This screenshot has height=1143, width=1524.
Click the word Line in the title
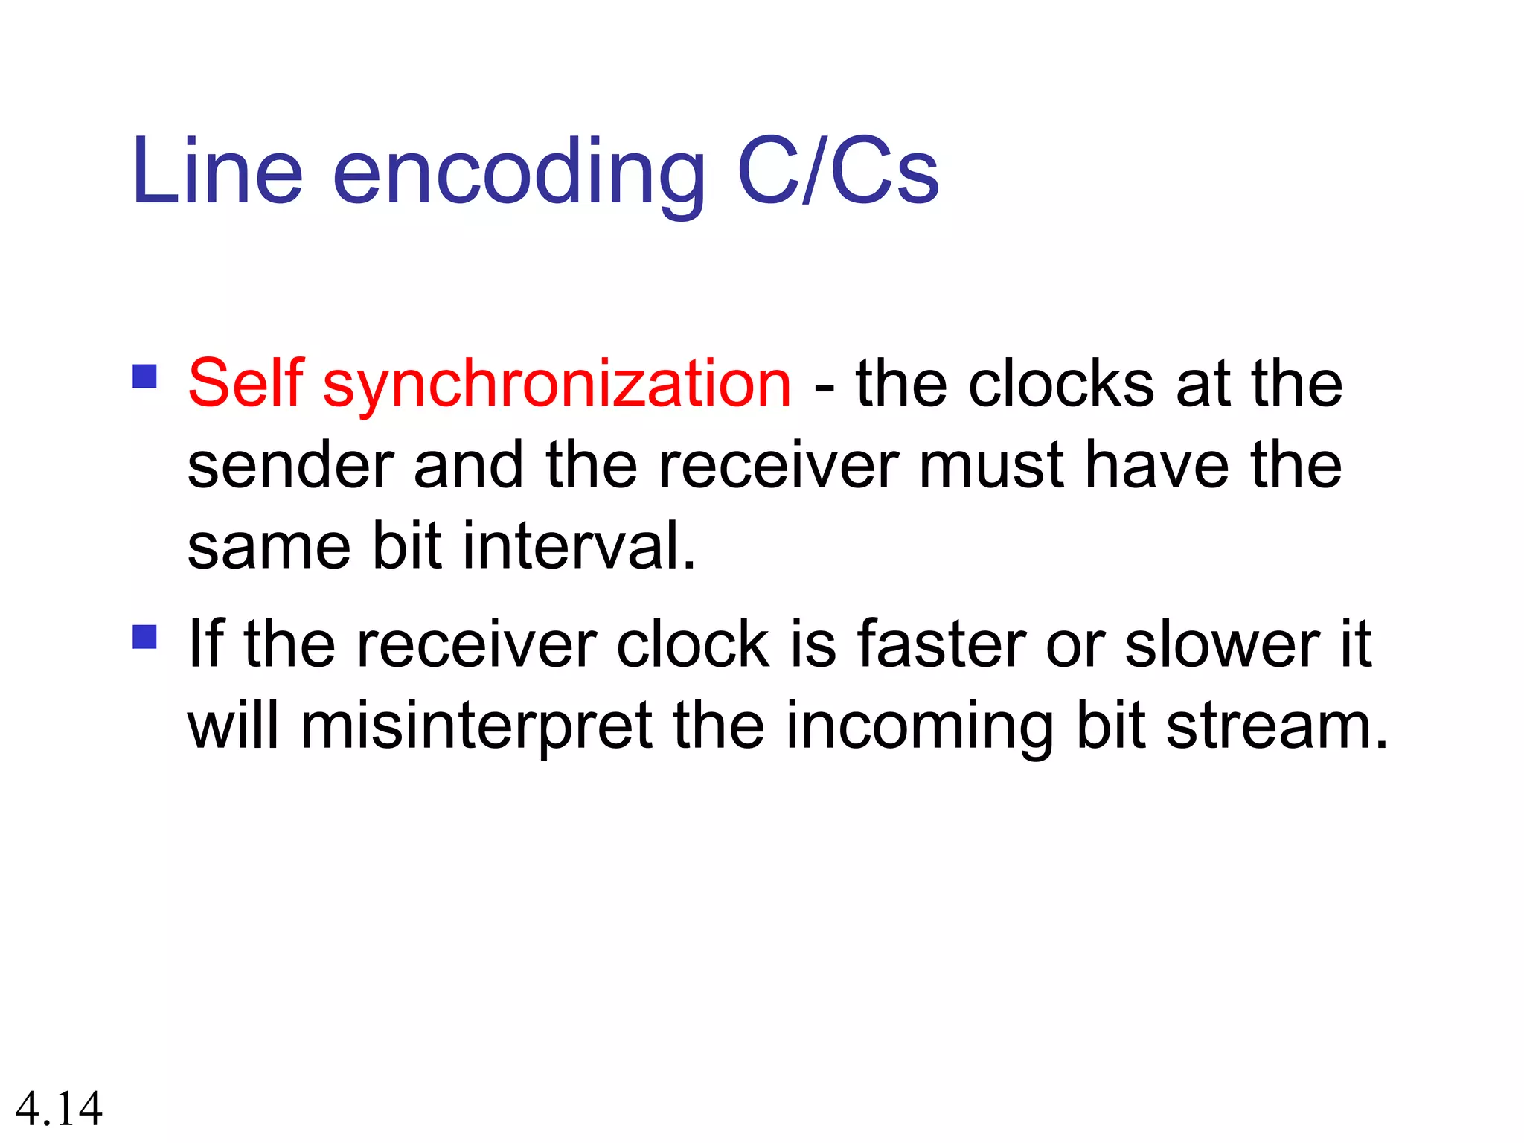tap(217, 172)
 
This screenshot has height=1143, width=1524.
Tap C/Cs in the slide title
tap(838, 172)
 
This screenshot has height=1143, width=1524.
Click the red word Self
tap(246, 383)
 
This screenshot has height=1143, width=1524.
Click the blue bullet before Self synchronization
tap(144, 376)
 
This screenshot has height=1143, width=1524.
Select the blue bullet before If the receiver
tap(144, 637)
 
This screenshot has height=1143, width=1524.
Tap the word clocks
tap(1061, 385)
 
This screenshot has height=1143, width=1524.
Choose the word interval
tap(580, 547)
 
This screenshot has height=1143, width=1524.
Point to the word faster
tap(941, 644)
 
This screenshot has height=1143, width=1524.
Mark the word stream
tap(1276, 726)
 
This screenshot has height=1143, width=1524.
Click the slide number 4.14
tap(59, 1109)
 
